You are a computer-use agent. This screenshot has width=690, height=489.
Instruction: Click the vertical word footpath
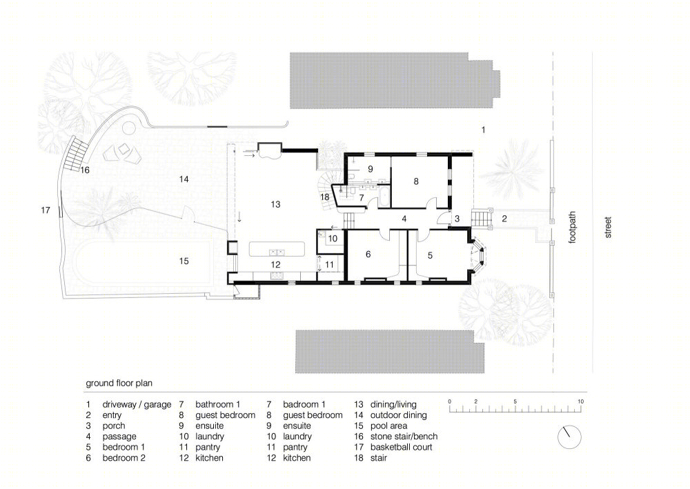coord(572,228)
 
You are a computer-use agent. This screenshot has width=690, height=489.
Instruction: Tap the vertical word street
coord(608,228)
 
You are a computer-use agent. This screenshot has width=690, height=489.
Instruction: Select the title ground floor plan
coord(119,383)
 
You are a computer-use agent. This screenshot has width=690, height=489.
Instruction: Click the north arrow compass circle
coord(569,437)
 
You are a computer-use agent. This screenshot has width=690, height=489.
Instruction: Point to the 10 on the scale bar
coord(580,401)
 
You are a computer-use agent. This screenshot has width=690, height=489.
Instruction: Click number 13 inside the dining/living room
coord(275,204)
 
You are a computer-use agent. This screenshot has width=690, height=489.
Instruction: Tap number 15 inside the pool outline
coord(184,261)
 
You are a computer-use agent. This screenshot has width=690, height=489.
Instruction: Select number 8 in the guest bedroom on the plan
coord(416,181)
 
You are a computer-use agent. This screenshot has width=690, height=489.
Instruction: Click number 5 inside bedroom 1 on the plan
coord(430,255)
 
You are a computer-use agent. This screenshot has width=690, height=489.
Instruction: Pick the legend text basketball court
coord(402,447)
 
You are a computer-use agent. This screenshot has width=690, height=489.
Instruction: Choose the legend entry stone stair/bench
coord(404,437)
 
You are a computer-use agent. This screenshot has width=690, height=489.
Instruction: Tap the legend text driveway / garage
coord(137,405)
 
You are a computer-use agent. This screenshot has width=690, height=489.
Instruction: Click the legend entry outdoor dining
coord(399,415)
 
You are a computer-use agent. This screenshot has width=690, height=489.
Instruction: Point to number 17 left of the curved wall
coord(46,210)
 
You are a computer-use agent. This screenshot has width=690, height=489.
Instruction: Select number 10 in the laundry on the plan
coord(333,239)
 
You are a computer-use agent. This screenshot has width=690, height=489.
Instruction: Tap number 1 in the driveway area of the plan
coord(483,130)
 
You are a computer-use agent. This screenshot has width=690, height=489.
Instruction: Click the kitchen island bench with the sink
coord(277,249)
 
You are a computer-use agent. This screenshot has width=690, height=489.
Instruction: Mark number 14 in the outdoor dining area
coord(184,179)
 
